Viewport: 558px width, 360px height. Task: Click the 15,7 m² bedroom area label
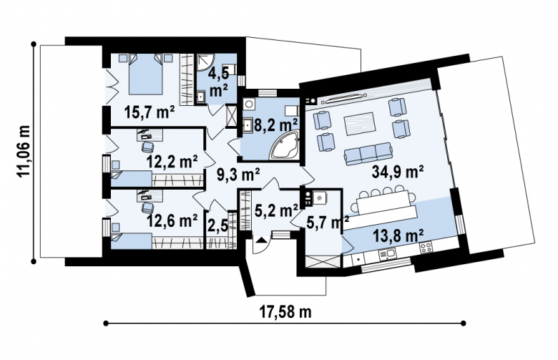[x=150, y=112]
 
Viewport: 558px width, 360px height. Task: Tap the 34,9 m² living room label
[x=398, y=172]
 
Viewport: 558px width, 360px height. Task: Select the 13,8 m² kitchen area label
[x=398, y=235]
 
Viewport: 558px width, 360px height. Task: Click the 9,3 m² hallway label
[x=238, y=175]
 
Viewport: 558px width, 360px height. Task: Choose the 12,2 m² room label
[x=172, y=162]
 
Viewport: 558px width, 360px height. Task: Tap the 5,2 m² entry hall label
[x=277, y=211]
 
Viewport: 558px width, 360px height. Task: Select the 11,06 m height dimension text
[x=24, y=151]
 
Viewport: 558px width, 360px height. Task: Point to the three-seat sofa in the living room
[x=368, y=154]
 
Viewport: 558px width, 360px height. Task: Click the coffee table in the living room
[x=358, y=124]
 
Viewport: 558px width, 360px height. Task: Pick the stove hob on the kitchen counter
[x=426, y=247]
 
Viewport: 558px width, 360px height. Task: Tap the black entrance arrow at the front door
[x=261, y=240]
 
